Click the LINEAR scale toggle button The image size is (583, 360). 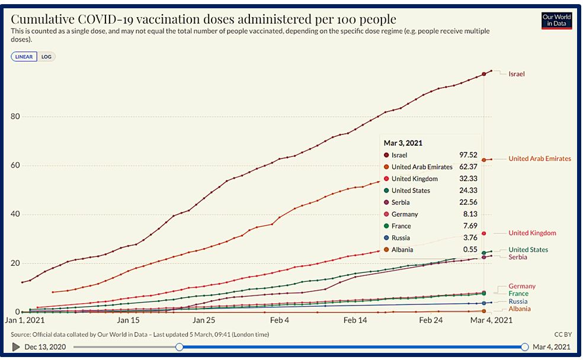24,57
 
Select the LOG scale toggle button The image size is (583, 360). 46,57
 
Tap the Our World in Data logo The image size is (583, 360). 556,20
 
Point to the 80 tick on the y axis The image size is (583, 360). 16,117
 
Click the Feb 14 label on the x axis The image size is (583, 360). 355,320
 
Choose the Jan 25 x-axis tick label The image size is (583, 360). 203,320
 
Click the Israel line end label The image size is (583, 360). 517,74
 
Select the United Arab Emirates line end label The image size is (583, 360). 540,159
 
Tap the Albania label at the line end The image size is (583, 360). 520,309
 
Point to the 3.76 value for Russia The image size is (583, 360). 470,238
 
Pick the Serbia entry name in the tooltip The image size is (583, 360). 402,202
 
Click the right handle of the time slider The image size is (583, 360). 525,347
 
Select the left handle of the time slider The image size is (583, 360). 179,347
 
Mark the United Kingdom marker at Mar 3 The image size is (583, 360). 484,233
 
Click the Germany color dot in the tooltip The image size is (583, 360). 386,214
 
